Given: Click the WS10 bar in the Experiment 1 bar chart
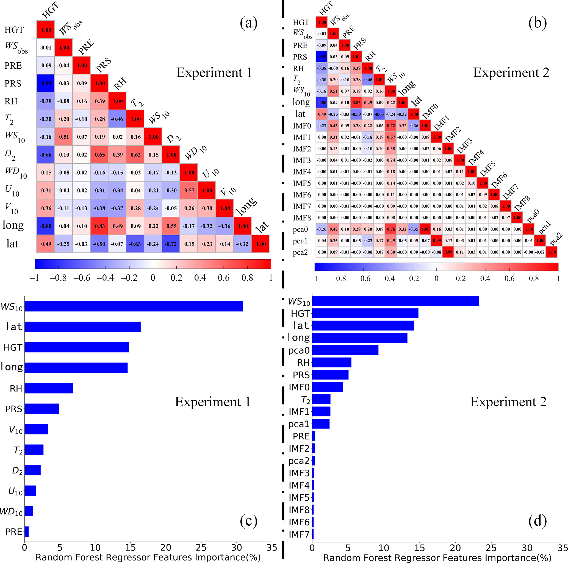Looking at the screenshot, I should coord(134,306).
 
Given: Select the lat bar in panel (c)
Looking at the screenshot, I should coord(82,327).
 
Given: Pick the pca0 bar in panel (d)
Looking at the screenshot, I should coord(345,350).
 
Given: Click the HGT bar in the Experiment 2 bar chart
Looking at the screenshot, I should coord(365,314).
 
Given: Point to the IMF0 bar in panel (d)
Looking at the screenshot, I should coord(327,387).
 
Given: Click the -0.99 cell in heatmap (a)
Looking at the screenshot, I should coord(46,83).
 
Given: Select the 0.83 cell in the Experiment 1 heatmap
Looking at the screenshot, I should coord(100,226).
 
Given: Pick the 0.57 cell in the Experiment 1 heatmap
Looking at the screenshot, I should coord(189,190).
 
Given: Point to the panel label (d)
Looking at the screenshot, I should coord(537,521).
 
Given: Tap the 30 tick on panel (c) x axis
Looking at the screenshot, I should coord(237,547).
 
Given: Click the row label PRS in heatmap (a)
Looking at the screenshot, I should coord(13,83).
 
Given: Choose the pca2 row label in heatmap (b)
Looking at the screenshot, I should coord(300,252).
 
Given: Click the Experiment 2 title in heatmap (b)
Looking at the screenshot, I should coord(511,72).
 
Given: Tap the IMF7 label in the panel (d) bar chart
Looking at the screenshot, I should coord(299,534).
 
